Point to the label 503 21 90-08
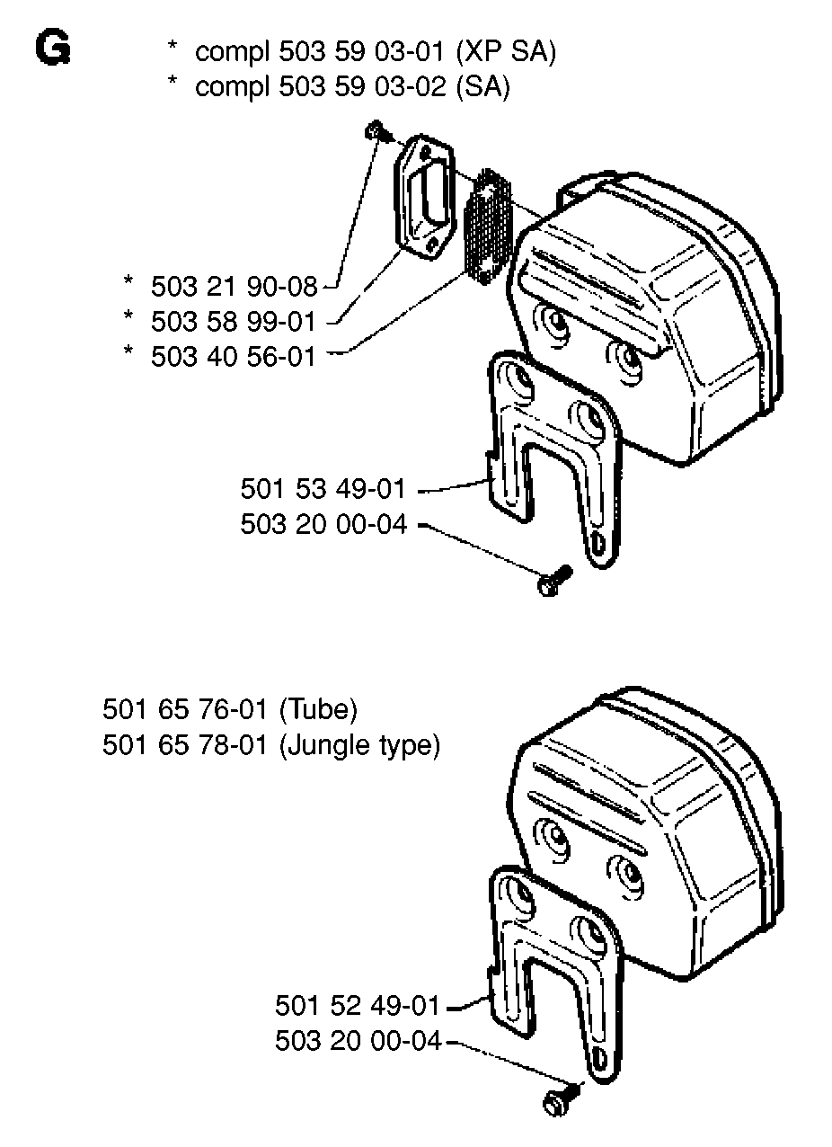click(234, 286)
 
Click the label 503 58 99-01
click(234, 322)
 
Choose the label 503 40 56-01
click(234, 356)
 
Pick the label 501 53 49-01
click(323, 488)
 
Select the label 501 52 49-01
click(358, 1005)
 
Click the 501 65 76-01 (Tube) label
click(230, 710)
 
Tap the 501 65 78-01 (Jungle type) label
click(271, 745)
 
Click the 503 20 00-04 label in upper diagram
click(323, 524)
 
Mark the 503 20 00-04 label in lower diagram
click(358, 1040)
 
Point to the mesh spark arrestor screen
click(487, 227)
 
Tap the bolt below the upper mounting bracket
click(554, 580)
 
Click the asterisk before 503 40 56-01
click(128, 351)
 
